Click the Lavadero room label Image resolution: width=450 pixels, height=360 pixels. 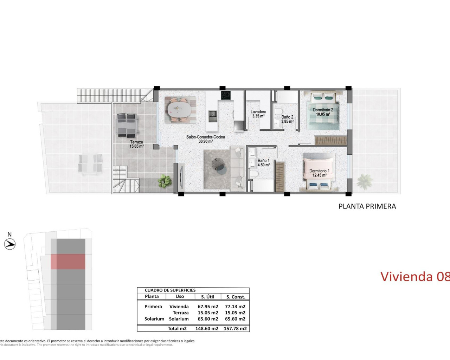coord(258,114)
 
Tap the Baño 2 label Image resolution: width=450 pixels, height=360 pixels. coord(287,119)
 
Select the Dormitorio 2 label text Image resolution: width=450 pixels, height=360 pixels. coord(323,112)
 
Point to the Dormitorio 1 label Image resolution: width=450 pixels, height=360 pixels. coord(319,173)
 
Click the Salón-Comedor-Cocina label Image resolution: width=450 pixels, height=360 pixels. coord(206,139)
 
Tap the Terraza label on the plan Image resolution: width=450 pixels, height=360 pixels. coord(136,144)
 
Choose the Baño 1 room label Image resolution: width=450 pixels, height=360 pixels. coord(264,162)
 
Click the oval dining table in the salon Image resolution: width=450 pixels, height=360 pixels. coord(180,109)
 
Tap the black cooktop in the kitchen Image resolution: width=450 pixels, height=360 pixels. coord(225,95)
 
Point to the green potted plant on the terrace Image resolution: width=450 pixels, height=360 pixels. coord(165,181)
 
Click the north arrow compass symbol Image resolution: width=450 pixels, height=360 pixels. coord(10,244)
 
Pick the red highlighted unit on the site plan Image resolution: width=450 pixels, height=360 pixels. coord(68,262)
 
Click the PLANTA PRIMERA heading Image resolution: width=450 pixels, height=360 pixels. coord(367,206)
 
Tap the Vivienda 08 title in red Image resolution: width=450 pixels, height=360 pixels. coord(415,276)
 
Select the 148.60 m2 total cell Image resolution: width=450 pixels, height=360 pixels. coord(208,328)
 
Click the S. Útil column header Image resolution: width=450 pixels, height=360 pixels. coord(207,297)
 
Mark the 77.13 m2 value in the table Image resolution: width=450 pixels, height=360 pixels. coord(235,307)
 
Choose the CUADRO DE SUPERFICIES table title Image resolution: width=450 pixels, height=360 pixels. coord(170,290)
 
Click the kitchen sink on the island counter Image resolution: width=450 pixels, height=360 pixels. coord(213,115)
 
